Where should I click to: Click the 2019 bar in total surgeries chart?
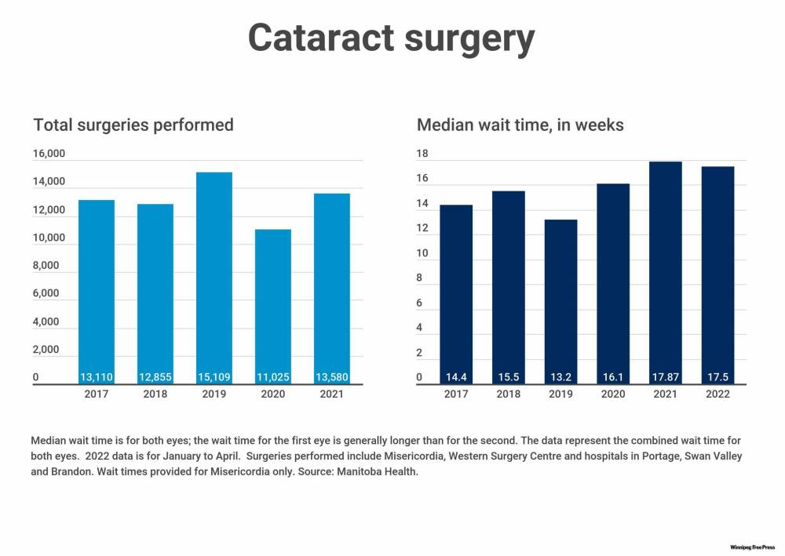pyautogui.click(x=214, y=274)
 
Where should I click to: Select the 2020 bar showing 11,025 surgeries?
pyautogui.click(x=273, y=306)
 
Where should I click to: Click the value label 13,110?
pyautogui.click(x=97, y=377)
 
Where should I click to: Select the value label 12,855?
pyautogui.click(x=155, y=377)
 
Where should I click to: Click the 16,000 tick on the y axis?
pyautogui.click(x=49, y=154)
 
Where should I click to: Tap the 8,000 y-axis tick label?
pyautogui.click(x=46, y=266)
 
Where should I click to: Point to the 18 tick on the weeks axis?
pyautogui.click(x=422, y=154)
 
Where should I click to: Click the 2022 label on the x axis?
pyautogui.click(x=717, y=394)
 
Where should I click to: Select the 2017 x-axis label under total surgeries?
pyautogui.click(x=97, y=394)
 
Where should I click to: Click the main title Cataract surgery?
pyautogui.click(x=392, y=37)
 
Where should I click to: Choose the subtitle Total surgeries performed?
pyautogui.click(x=133, y=125)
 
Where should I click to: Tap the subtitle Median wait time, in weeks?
pyautogui.click(x=520, y=125)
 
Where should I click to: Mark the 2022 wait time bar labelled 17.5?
pyautogui.click(x=717, y=274)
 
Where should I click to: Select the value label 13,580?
pyautogui.click(x=332, y=377)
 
